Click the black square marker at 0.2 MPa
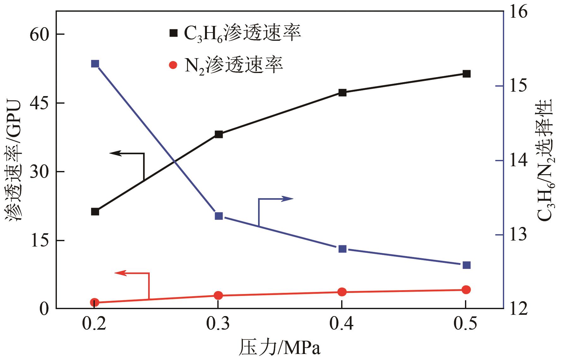click(95, 212)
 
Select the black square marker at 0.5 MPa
click(467, 74)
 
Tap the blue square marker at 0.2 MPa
click(95, 64)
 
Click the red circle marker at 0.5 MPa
click(466, 290)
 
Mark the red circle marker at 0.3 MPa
click(218, 296)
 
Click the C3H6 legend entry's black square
click(173, 33)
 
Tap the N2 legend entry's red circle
click(173, 65)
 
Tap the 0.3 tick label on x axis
click(218, 325)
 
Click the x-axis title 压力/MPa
click(280, 348)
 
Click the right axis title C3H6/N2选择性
click(545, 160)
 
